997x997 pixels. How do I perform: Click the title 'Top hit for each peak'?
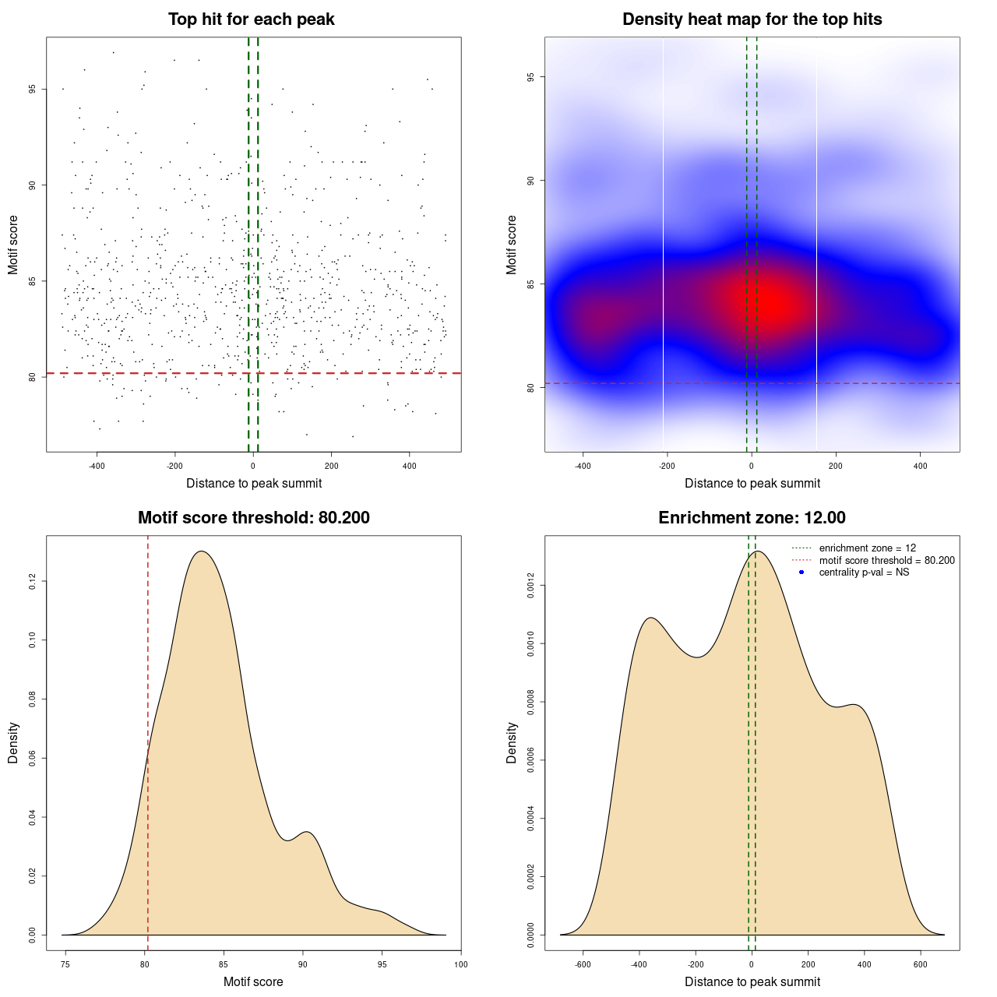click(x=251, y=19)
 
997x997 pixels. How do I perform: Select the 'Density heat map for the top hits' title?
click(x=752, y=19)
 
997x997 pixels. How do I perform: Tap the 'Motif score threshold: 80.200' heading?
click(x=253, y=518)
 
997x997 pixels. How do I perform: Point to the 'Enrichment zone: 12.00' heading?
click(x=752, y=518)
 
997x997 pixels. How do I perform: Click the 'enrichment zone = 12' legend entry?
click(x=867, y=548)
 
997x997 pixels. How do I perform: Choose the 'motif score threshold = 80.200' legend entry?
click(x=886, y=561)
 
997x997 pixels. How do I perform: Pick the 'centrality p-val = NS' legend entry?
click(x=864, y=572)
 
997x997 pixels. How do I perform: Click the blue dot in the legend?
click(x=801, y=572)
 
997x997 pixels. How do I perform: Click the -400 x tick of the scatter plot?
click(x=97, y=466)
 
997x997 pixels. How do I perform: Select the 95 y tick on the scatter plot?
click(x=33, y=89)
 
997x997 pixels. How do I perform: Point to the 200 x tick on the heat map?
click(x=836, y=466)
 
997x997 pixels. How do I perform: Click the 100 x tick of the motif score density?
click(x=461, y=964)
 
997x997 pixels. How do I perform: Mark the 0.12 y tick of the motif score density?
click(x=33, y=581)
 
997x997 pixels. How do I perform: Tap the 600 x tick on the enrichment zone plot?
click(x=921, y=964)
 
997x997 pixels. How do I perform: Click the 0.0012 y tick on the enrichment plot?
click(x=531, y=585)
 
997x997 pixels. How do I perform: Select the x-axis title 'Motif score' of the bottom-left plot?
click(x=253, y=981)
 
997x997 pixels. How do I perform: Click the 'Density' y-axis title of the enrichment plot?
click(x=512, y=742)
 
